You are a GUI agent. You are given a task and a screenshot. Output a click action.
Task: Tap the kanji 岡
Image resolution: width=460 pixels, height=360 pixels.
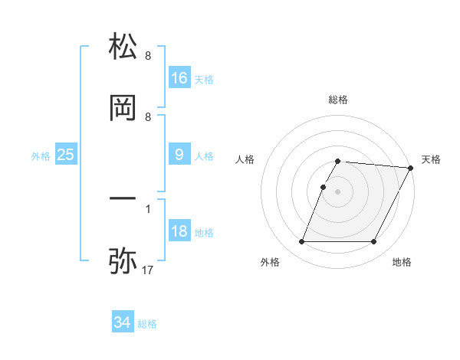click(123, 109)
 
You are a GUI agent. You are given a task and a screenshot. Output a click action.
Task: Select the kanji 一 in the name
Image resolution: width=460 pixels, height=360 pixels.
click(123, 199)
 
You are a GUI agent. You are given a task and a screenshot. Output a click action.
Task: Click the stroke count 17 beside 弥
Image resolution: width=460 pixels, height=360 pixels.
click(148, 271)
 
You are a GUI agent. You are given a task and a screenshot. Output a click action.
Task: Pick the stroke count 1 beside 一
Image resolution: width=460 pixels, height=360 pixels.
click(148, 208)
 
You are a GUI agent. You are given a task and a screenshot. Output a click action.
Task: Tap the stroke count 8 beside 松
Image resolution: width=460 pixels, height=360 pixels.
click(148, 55)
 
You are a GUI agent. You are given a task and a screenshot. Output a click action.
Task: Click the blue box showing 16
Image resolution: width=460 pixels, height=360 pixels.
click(179, 77)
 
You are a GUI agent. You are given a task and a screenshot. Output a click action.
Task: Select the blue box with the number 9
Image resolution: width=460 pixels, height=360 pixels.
click(179, 155)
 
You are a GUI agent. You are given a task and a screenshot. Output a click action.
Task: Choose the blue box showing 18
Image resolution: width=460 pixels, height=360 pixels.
click(179, 231)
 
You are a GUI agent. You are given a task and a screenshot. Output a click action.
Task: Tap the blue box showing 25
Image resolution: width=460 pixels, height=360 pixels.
click(66, 155)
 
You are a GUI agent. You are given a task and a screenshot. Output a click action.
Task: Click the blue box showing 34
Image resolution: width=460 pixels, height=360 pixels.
click(123, 322)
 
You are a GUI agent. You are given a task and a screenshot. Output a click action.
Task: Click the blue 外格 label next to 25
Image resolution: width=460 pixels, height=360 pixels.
click(41, 156)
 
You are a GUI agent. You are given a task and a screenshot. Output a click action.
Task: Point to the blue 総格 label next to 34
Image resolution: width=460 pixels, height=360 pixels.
click(147, 324)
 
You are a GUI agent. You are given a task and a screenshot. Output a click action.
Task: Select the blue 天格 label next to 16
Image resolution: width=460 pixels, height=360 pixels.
click(204, 79)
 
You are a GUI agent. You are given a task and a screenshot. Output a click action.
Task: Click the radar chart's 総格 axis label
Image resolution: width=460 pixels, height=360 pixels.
click(338, 100)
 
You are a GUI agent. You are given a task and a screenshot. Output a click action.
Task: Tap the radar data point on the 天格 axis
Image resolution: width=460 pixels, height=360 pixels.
click(410, 168)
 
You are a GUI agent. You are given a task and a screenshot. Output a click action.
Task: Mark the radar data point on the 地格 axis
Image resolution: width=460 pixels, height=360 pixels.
click(374, 242)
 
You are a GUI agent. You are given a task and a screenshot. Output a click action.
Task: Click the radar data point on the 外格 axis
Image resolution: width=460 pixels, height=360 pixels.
click(301, 242)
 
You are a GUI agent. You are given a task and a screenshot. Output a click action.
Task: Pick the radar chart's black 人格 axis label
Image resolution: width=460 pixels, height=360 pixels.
click(245, 159)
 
